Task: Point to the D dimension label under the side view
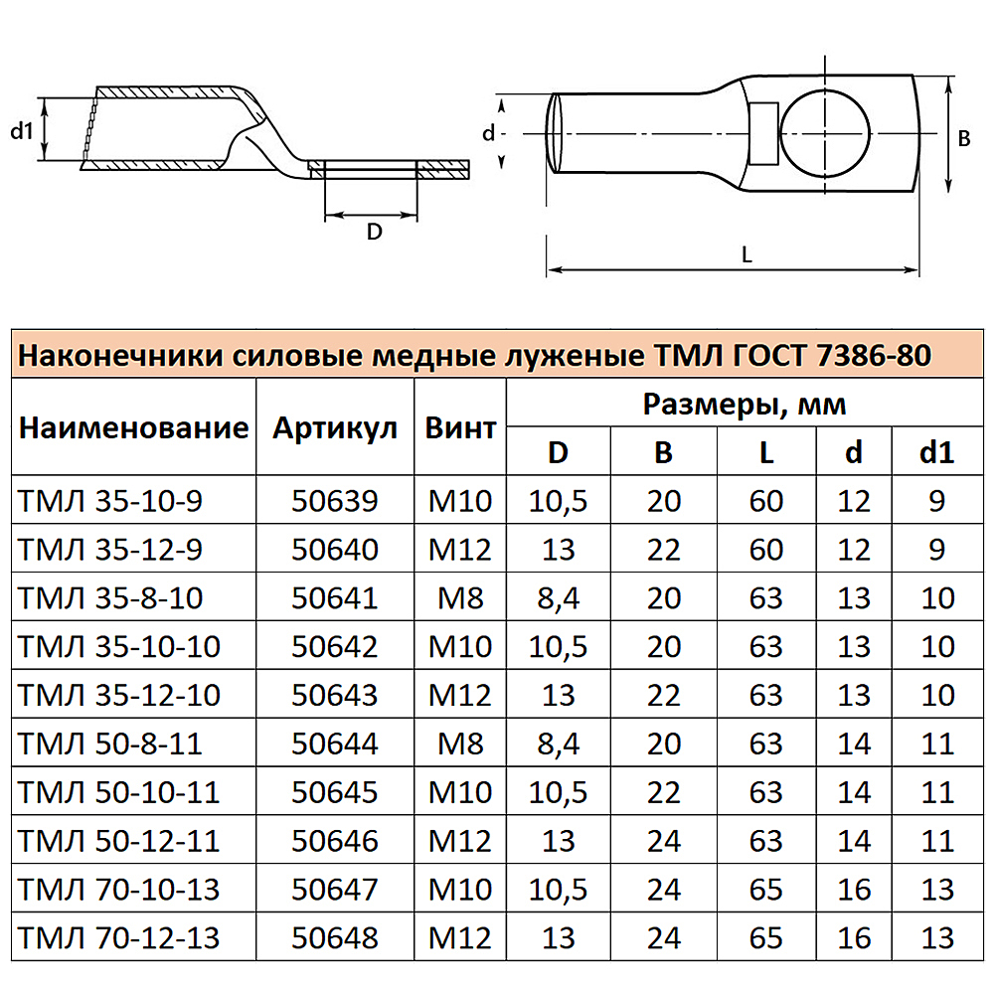(x=374, y=232)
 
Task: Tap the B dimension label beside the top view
(x=963, y=139)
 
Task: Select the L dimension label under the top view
(x=746, y=254)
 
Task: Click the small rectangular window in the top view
(x=763, y=133)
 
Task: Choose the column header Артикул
(x=335, y=428)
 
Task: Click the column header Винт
(x=460, y=428)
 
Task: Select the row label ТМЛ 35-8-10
(x=110, y=597)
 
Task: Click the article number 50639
(x=335, y=501)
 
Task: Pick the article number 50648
(x=335, y=936)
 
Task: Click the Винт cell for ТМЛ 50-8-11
(x=460, y=743)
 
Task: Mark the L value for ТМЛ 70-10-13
(x=766, y=888)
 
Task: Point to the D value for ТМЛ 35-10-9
(x=559, y=501)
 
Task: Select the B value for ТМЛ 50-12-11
(x=664, y=840)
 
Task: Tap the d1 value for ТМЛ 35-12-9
(x=937, y=549)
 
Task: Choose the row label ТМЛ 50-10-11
(x=118, y=791)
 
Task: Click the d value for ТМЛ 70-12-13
(x=854, y=936)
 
